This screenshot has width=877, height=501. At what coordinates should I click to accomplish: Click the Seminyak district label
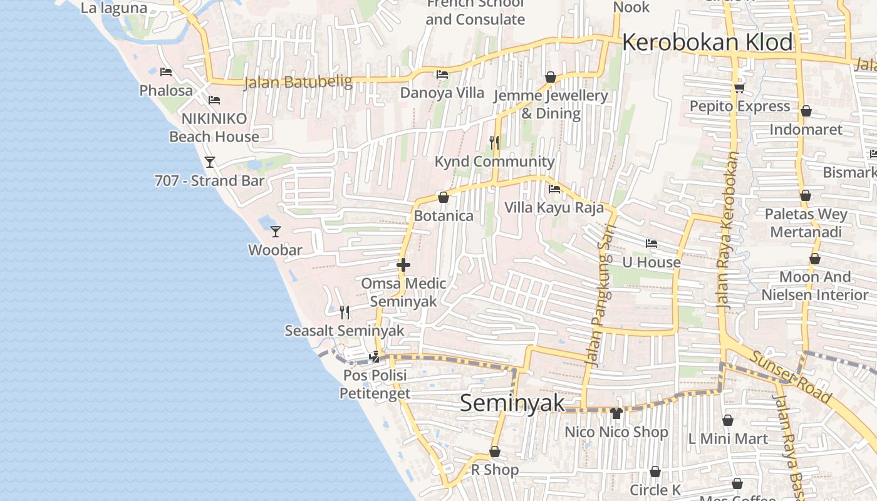[x=512, y=403]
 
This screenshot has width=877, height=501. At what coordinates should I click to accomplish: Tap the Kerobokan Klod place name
[x=707, y=43]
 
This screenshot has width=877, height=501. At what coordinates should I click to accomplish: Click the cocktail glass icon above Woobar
[x=276, y=232]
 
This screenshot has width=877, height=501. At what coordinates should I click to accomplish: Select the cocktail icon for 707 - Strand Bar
[x=210, y=162]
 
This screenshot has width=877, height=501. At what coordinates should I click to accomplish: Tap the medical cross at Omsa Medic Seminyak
[x=403, y=266]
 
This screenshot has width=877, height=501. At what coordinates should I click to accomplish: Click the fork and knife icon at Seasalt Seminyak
[x=345, y=312]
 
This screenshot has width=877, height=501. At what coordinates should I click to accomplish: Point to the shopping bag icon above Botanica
[x=444, y=198]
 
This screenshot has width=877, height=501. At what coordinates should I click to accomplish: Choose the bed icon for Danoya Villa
[x=442, y=75]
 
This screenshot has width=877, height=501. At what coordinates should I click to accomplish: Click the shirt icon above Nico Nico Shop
[x=616, y=413]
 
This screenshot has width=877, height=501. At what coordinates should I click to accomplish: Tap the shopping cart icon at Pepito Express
[x=739, y=88]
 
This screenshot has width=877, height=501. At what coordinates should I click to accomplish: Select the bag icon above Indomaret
[x=806, y=111]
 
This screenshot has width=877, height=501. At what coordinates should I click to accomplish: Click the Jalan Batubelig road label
[x=298, y=82]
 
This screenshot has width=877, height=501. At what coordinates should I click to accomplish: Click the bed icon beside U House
[x=651, y=244]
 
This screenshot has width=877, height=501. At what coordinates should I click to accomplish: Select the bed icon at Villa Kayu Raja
[x=554, y=189]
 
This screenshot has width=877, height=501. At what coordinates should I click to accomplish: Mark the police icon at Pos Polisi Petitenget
[x=375, y=358]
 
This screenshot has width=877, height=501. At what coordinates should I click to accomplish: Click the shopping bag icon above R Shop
[x=495, y=452]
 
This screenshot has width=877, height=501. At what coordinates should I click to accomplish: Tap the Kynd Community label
[x=495, y=162]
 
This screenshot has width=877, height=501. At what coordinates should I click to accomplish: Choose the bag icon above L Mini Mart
[x=728, y=420]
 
